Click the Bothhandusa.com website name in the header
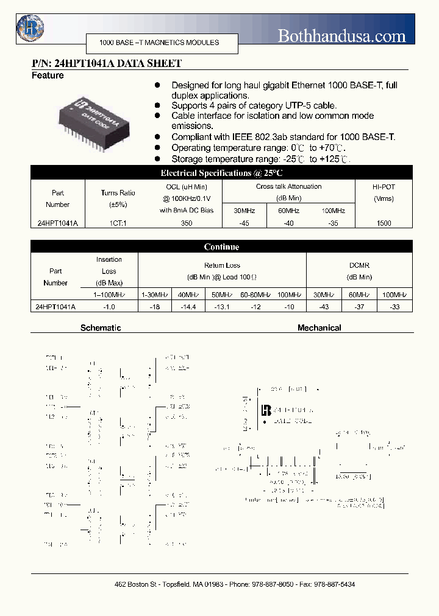pos(341,36)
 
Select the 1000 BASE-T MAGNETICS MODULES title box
pos(159,43)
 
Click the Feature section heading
pos(48,75)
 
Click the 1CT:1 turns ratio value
pos(118,223)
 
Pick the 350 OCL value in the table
pos(187,223)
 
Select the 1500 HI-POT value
pos(384,223)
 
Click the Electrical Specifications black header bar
pos(221,173)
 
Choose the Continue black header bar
pos(221,247)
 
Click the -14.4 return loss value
pos(187,307)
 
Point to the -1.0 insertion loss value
pos(109,307)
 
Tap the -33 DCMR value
pos(394,307)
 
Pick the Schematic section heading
pos(101,327)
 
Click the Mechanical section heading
pos(319,327)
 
